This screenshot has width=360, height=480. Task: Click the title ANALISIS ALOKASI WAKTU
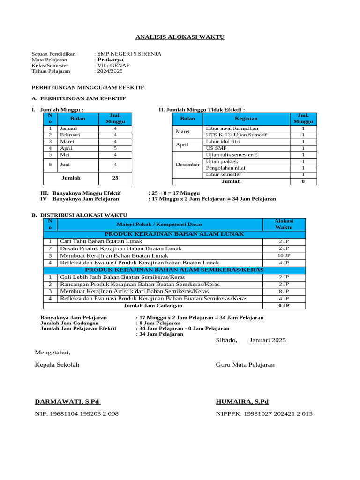(x=180, y=37)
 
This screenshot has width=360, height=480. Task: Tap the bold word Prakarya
(x=110, y=60)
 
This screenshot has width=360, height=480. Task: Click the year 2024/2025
(x=109, y=71)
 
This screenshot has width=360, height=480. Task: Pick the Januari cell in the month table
(x=68, y=128)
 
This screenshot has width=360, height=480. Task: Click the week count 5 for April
(x=115, y=148)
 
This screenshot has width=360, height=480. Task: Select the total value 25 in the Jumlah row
(x=115, y=178)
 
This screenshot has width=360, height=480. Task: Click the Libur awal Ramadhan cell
(x=232, y=128)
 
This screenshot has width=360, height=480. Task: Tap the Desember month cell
(x=187, y=165)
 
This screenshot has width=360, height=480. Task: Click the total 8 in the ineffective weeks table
(x=303, y=181)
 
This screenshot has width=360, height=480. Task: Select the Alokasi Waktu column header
(x=284, y=224)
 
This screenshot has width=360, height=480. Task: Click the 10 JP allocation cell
(x=284, y=255)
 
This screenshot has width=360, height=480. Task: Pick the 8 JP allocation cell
(x=284, y=291)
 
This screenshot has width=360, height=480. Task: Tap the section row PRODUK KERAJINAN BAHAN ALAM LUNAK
(x=174, y=234)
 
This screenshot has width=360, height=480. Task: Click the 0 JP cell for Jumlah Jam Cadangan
(x=284, y=305)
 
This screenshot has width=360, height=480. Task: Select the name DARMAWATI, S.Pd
(x=67, y=402)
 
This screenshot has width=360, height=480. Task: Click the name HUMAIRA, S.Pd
(x=242, y=402)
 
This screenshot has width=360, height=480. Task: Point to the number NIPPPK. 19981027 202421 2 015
(x=264, y=413)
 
